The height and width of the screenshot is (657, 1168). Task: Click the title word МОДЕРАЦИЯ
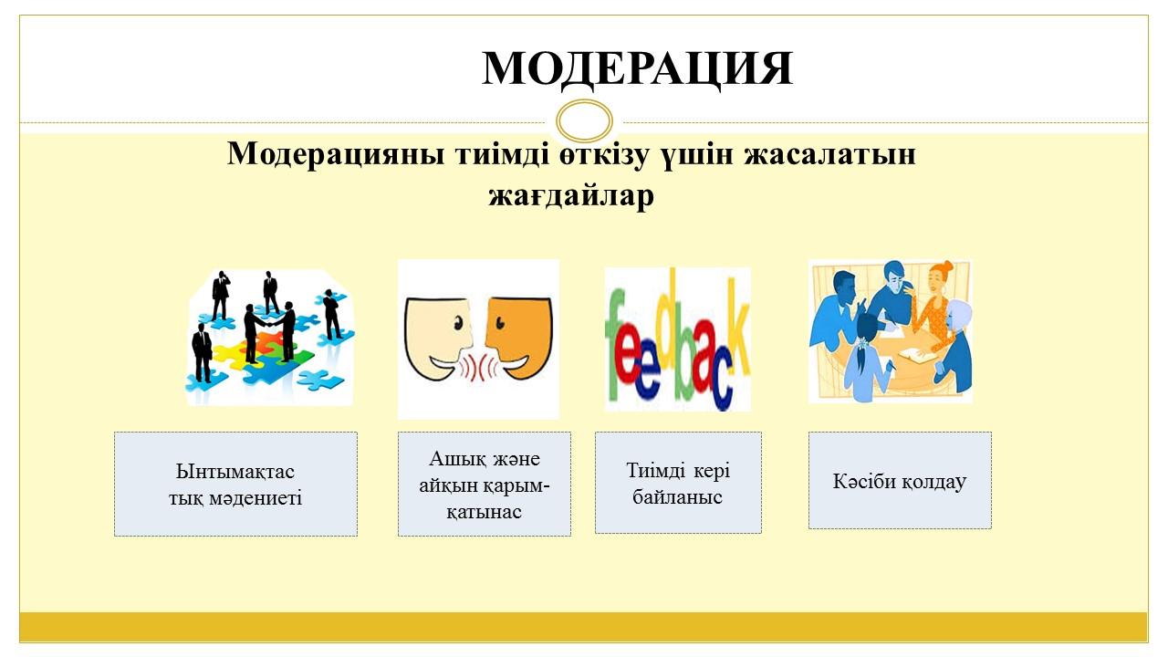637,68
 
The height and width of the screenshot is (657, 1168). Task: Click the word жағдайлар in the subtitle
571,196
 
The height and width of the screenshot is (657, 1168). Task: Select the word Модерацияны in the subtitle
336,155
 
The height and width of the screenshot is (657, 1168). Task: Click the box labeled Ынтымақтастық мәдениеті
235,484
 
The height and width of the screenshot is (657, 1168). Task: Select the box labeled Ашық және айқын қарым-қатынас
485,484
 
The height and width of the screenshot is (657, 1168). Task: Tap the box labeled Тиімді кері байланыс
678,483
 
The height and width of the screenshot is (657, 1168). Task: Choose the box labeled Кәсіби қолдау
900,480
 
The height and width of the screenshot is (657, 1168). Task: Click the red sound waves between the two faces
479,368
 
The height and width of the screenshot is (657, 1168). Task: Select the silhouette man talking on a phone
221,295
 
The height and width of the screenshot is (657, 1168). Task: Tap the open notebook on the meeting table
917,356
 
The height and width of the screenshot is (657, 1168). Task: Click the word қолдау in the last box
935,481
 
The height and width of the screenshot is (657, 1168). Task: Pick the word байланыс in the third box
677,497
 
